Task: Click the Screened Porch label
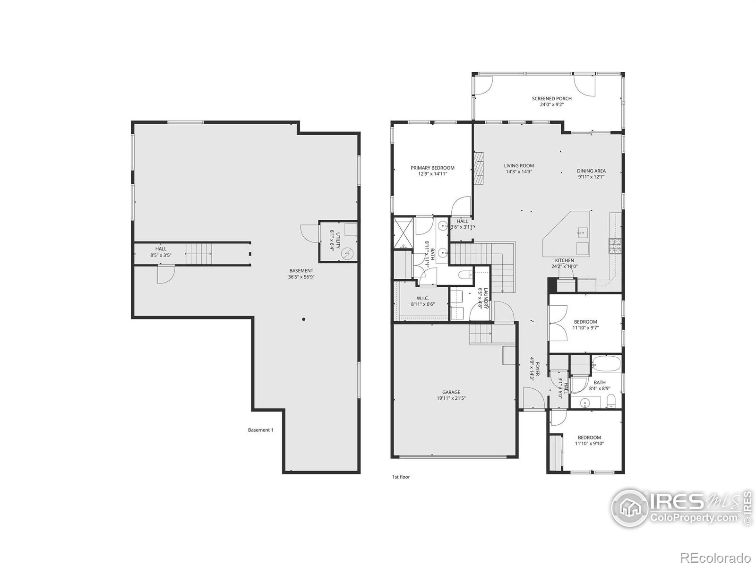click(551, 99)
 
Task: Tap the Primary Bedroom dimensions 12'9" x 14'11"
click(432, 174)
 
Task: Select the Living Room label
click(519, 166)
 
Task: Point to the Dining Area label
click(591, 171)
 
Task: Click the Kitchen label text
click(564, 260)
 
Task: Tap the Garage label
click(451, 392)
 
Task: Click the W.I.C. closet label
click(422, 298)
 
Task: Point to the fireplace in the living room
click(480, 169)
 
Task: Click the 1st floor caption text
click(401, 477)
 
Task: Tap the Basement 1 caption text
click(260, 430)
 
